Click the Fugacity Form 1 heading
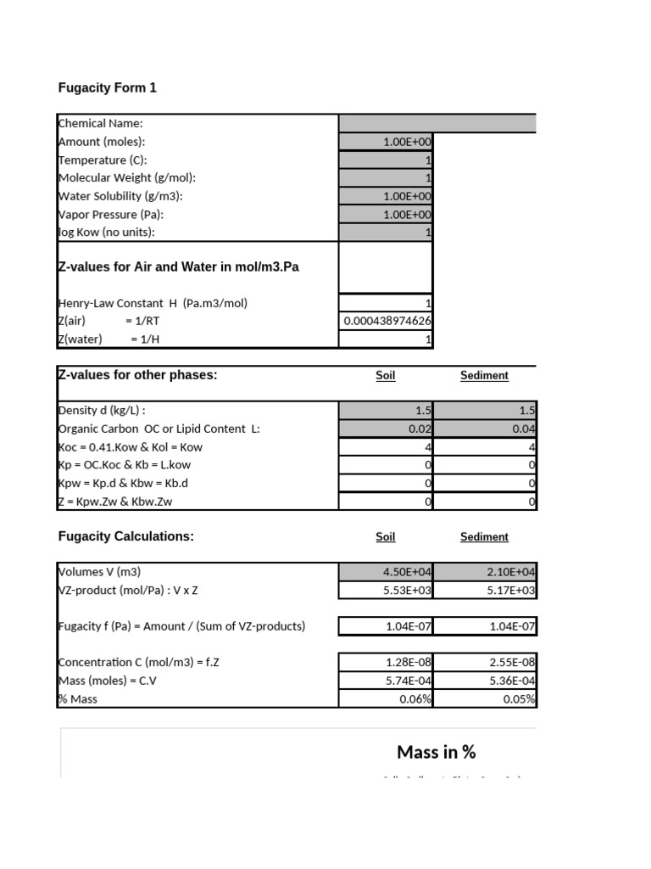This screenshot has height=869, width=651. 107,88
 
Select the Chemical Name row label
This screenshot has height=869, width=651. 100,124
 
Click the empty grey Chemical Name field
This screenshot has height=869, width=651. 437,124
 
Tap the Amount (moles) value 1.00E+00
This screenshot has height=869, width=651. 407,143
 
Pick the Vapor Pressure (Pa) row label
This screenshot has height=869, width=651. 110,215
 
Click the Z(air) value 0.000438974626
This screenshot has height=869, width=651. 387,321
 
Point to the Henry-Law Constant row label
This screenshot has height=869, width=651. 153,303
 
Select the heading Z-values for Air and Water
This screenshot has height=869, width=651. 178,267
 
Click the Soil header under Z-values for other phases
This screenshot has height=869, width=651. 386,376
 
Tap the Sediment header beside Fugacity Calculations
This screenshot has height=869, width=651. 484,537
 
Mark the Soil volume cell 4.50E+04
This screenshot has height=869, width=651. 407,573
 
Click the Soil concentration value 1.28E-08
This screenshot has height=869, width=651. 407,663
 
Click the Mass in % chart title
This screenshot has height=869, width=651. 436,752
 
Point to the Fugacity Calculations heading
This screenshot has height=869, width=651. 125,536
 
